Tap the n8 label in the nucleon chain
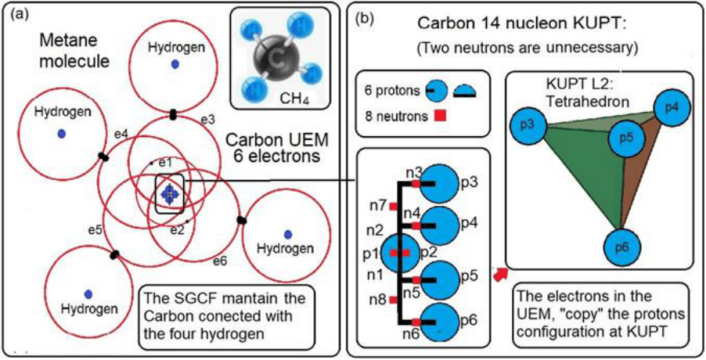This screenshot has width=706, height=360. (x=377, y=297)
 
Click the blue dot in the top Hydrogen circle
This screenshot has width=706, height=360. (x=176, y=64)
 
